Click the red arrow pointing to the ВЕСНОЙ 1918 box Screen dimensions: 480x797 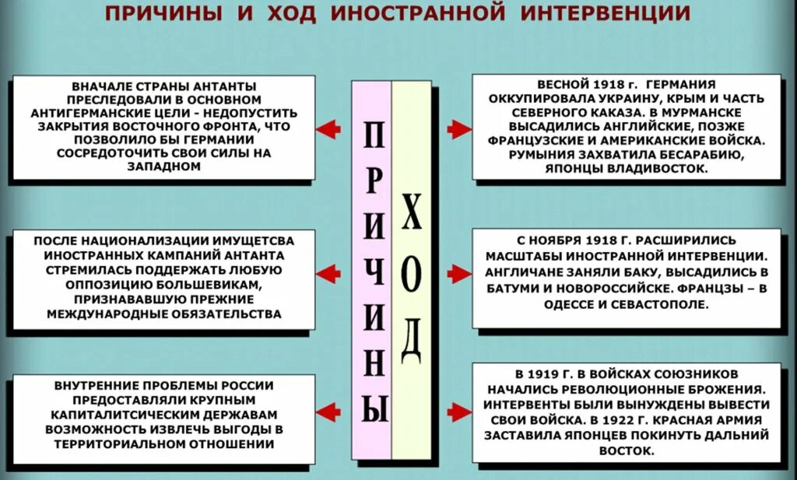(x=458, y=128)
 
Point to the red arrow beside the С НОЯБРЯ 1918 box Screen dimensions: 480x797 (x=458, y=273)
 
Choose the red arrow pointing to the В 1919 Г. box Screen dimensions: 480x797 (x=458, y=412)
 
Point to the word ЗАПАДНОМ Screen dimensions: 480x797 (x=163, y=166)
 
